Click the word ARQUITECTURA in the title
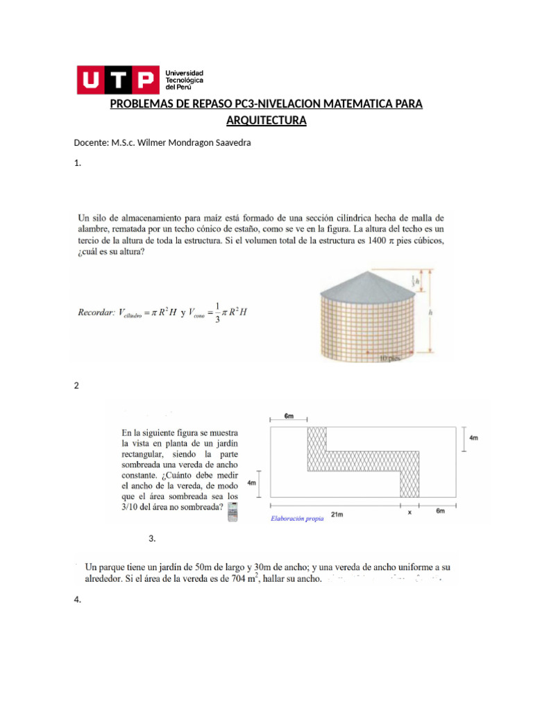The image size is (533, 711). [x=266, y=121]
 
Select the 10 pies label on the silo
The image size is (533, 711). [x=391, y=360]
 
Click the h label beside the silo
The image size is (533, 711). [x=431, y=313]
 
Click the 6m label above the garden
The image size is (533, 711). [x=289, y=415]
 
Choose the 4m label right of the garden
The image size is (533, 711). [x=473, y=438]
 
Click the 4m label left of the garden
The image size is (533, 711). [x=252, y=483]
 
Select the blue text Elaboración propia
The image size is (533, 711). [x=296, y=518]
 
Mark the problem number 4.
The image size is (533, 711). [x=77, y=601]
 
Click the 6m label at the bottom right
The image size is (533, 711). [x=440, y=511]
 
